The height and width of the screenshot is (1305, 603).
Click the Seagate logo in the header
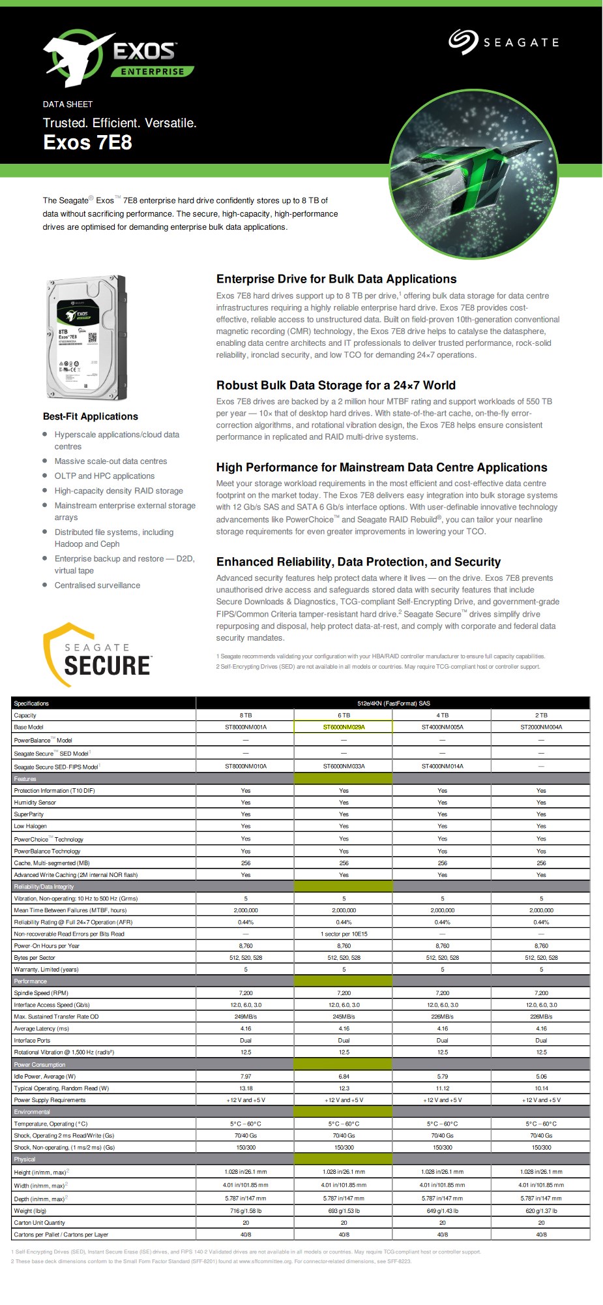(x=503, y=42)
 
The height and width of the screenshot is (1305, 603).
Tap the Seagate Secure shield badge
(x=97, y=654)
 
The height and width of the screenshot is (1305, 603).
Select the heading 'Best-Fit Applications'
(x=91, y=416)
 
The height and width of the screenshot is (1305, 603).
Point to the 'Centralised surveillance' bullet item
(x=97, y=585)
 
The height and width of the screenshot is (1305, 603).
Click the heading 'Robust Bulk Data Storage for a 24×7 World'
(x=336, y=385)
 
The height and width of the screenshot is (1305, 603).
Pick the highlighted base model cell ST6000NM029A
(x=344, y=727)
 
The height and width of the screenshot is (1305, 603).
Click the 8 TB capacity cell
(x=245, y=715)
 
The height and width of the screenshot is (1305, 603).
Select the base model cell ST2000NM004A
(x=541, y=727)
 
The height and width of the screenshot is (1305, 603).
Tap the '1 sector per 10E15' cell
(x=344, y=934)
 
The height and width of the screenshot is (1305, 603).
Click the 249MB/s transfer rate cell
(x=245, y=1017)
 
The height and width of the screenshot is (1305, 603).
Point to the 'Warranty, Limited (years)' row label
(x=46, y=970)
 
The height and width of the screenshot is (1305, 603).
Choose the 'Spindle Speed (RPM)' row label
(x=41, y=993)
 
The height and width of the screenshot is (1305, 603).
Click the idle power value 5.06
(x=541, y=1077)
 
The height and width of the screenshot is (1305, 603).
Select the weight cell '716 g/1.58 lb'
(x=245, y=1211)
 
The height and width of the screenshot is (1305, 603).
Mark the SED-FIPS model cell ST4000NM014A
(x=442, y=766)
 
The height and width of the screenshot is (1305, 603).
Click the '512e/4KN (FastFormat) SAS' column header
(x=393, y=703)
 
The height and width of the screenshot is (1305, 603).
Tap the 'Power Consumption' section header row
(x=40, y=1065)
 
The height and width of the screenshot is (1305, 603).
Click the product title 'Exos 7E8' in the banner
(x=87, y=142)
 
